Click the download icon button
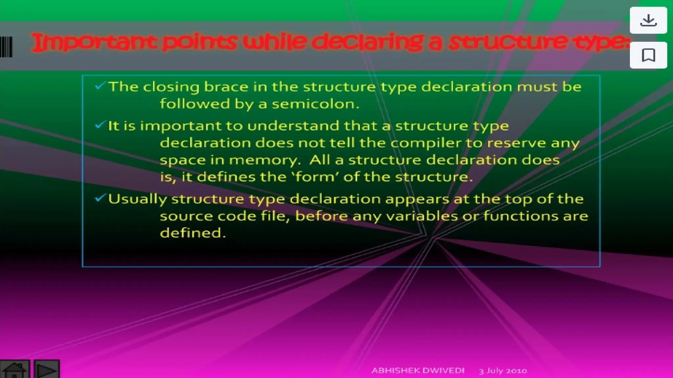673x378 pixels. pyautogui.click(x=648, y=20)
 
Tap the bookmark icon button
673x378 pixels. pyautogui.click(x=648, y=55)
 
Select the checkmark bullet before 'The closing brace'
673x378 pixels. pyautogui.click(x=100, y=86)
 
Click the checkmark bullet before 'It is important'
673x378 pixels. pyautogui.click(x=100, y=125)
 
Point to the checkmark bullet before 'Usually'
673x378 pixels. pyautogui.click(x=100, y=198)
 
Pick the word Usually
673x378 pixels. pyautogui.click(x=137, y=199)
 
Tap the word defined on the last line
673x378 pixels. pyautogui.click(x=193, y=233)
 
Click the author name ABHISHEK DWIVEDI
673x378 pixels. pyautogui.click(x=418, y=370)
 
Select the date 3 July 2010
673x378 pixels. pyautogui.click(x=503, y=371)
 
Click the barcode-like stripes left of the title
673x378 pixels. pyautogui.click(x=6, y=47)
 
